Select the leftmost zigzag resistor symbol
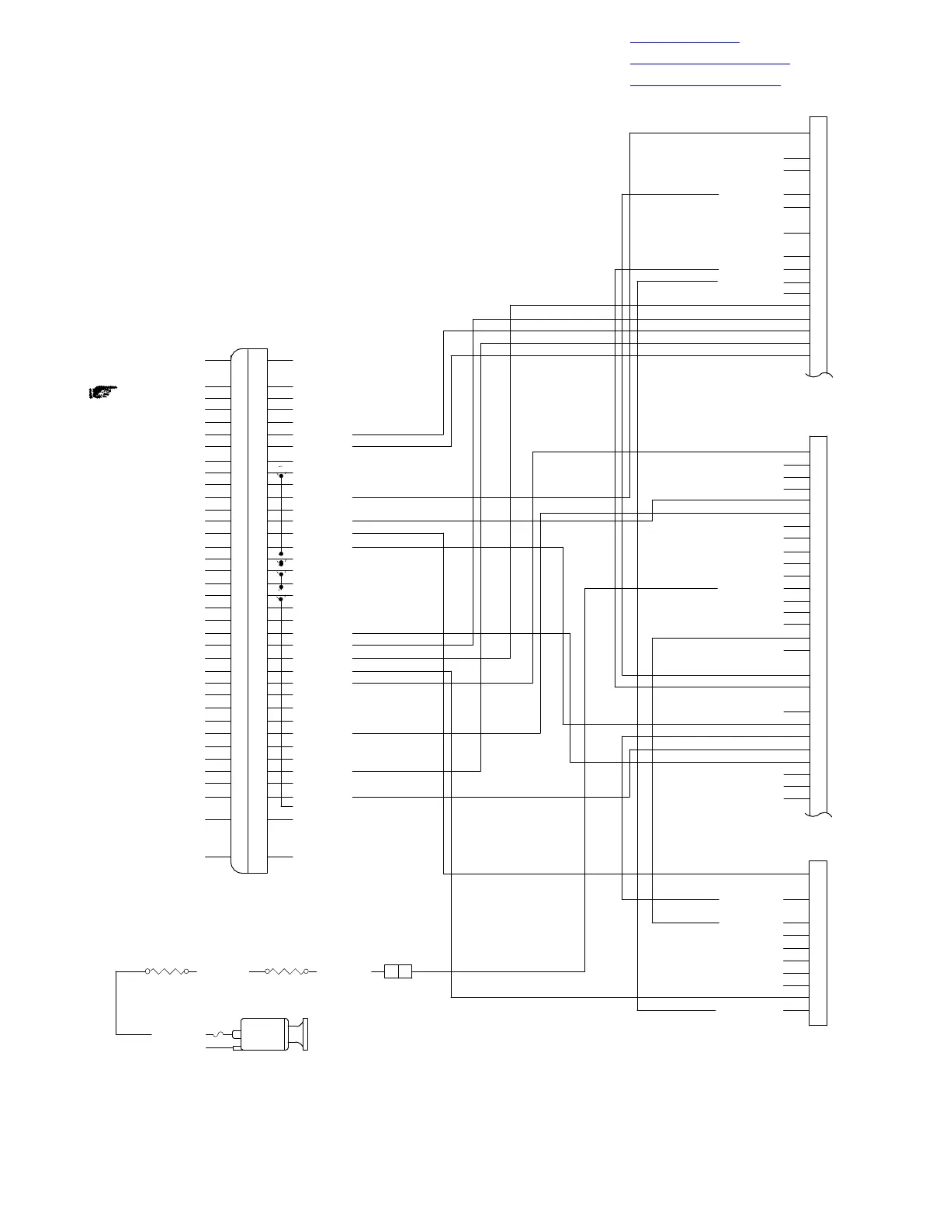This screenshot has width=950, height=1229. [167, 971]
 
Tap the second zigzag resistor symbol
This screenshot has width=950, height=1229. [287, 971]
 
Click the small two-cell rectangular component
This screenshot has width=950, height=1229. [398, 971]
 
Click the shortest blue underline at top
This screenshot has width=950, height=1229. [685, 42]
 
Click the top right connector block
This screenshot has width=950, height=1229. [818, 244]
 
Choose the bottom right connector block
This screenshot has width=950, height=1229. [818, 943]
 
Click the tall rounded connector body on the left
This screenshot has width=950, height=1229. [249, 611]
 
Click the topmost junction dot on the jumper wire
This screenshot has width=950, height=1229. [281, 475]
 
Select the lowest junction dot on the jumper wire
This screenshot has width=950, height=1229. [281, 599]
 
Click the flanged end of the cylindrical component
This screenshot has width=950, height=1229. [303, 1035]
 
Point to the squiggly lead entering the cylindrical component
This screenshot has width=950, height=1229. [220, 1034]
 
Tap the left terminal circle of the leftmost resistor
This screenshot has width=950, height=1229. [147, 971]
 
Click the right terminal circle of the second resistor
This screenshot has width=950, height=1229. [307, 971]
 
